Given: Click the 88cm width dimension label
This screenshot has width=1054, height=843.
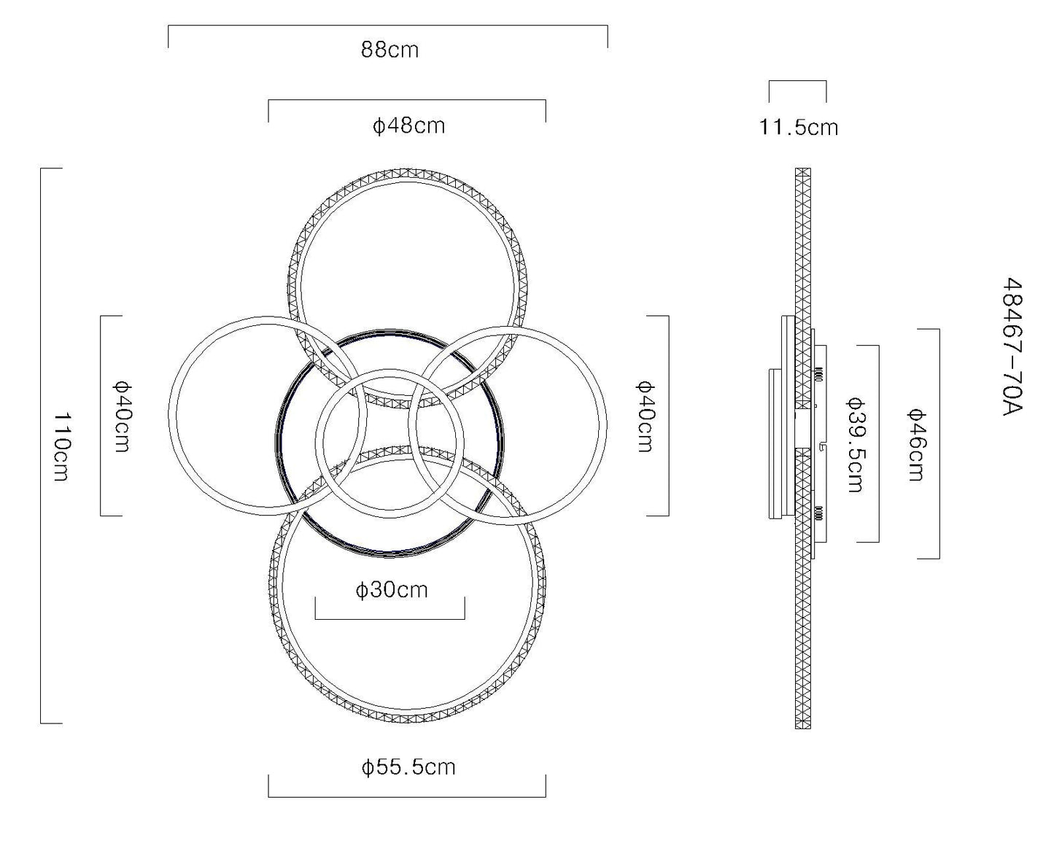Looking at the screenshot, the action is tap(390, 50).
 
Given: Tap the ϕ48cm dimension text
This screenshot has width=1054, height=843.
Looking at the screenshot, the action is tap(409, 126).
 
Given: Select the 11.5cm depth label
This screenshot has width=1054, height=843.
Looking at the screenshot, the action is tap(798, 128).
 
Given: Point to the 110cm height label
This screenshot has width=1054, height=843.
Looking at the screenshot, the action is tap(62, 446).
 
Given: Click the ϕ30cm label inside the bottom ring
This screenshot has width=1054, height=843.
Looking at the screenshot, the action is tap(392, 590).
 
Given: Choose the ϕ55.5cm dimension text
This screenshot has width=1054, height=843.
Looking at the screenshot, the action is tap(408, 767).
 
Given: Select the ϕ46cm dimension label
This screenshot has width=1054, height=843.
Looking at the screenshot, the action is tap(916, 446).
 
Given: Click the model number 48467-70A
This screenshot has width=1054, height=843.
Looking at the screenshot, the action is tap(1013, 347).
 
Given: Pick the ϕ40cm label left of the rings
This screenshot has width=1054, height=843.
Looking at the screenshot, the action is tap(122, 416).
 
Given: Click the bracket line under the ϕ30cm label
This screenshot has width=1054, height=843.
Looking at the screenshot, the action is tap(390, 619).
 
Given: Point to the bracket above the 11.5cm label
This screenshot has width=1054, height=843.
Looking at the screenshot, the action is tap(798, 81).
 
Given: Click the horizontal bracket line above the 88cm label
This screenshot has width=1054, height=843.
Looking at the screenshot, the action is tap(388, 26).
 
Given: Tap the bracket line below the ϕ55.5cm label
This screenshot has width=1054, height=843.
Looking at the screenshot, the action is tap(407, 797).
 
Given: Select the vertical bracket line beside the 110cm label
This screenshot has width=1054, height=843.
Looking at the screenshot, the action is tap(41, 446).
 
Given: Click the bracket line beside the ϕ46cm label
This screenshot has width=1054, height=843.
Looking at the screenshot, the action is tap(939, 444).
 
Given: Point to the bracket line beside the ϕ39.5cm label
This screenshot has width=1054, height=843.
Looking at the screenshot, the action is tap(879, 444).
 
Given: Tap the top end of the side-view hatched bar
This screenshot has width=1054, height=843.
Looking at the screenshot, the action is tap(803, 168).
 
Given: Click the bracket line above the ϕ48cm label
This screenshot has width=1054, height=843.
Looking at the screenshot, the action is tap(407, 100).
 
